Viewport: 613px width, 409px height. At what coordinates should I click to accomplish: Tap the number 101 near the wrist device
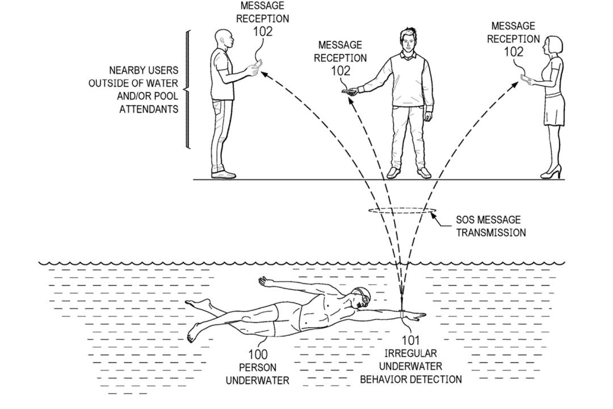[x=410, y=341]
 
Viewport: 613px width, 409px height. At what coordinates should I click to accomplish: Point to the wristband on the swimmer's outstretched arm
[x=402, y=313]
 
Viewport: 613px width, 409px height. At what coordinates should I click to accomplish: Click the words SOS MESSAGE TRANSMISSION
[x=490, y=226]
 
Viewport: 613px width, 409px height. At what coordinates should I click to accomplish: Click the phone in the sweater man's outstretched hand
[x=346, y=90]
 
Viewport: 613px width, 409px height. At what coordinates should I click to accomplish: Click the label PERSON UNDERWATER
[x=257, y=374]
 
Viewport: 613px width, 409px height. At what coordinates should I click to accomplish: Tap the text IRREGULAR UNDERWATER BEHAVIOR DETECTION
[x=410, y=366]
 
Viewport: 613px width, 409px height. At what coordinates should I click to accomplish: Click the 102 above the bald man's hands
[x=263, y=31]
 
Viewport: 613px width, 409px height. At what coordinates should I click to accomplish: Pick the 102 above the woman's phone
[x=514, y=52]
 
